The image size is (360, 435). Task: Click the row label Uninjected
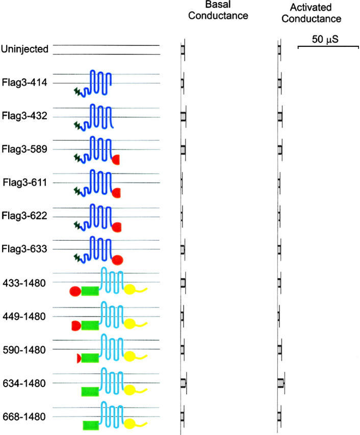24,49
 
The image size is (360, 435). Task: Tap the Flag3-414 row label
25,83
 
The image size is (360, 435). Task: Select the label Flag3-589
25,150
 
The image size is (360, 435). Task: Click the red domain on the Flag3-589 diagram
116,160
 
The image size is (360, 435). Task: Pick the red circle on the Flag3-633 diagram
117,260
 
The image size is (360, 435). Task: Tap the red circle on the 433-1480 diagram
74,291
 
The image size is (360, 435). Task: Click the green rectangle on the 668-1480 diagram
91,425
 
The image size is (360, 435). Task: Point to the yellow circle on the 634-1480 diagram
130,391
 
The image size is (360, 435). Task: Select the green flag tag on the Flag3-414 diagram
78,92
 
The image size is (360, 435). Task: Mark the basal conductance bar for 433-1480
183,282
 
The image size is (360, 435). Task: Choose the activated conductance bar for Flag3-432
280,116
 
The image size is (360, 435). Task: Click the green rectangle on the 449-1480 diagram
90,325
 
